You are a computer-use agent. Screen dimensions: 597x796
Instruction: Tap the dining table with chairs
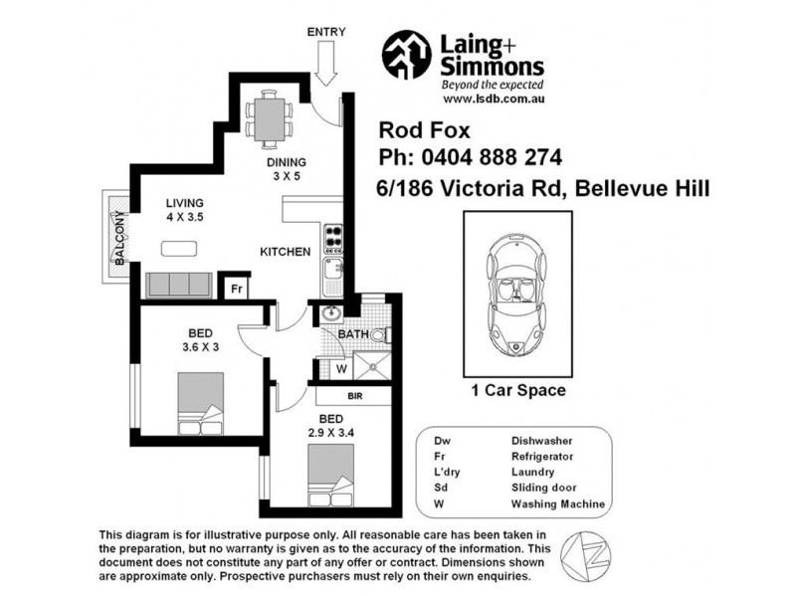pos(270,115)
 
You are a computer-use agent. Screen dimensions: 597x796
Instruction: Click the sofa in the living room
pos(178,285)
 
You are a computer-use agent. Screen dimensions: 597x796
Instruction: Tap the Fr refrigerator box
pos(236,289)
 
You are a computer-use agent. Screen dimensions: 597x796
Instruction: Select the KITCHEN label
pos(287,252)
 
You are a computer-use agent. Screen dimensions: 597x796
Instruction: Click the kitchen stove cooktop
pos(333,238)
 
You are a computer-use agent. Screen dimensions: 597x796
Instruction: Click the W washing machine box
pos(341,367)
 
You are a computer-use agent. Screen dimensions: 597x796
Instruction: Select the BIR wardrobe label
pos(353,396)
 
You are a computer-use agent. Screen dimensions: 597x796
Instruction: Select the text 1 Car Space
pos(517,391)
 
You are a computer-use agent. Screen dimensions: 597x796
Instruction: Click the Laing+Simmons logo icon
pos(407,54)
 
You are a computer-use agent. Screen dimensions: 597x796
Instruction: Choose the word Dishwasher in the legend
pos(541,439)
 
